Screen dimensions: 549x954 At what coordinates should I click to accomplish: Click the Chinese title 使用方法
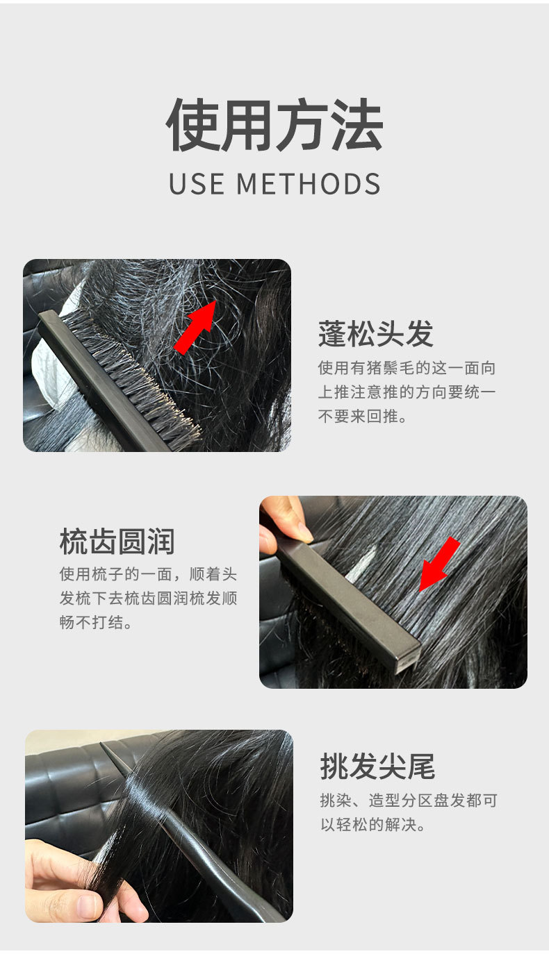[274, 124]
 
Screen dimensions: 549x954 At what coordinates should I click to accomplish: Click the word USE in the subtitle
[197, 184]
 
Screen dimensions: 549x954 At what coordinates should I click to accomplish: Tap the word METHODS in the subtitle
[308, 184]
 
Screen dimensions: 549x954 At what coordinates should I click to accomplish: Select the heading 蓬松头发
[375, 334]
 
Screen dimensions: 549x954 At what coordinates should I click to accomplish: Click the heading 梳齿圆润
[117, 542]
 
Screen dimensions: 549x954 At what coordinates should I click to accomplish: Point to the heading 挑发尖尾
[377, 766]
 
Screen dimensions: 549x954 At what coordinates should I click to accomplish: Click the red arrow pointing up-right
[195, 327]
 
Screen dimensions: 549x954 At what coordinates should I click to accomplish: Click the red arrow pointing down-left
[439, 564]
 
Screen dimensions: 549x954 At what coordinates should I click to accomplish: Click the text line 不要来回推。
[363, 416]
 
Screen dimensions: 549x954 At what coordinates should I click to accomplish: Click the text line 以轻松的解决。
[373, 825]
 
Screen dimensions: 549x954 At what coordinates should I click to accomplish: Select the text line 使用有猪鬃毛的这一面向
[407, 367]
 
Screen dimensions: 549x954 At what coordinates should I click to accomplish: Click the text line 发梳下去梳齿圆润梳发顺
[148, 599]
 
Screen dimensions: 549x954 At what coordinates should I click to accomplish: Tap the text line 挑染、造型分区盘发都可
[409, 801]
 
